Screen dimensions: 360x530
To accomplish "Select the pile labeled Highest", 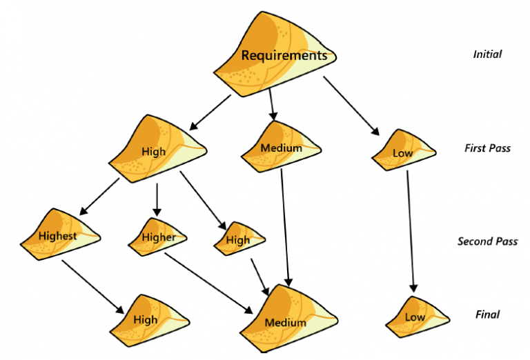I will coord(58,235).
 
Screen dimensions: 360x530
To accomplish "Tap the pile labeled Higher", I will coord(158,237).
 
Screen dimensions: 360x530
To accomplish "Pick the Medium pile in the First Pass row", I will coord(279,147).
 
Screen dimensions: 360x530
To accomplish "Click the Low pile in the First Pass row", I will coord(402,152).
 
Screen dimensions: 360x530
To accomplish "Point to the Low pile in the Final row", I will coord(414,317).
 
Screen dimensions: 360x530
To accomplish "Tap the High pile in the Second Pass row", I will coord(239,239).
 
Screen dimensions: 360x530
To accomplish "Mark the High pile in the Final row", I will coord(146,319).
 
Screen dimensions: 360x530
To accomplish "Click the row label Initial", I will coord(487,54).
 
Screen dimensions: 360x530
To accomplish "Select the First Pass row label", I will coord(487,148).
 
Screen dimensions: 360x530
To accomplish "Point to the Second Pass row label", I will coord(487,241).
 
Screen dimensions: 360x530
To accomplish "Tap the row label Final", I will coord(487,314).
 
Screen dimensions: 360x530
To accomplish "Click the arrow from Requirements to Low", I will coord(351,106).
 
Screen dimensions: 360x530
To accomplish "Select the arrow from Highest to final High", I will coord(92,283).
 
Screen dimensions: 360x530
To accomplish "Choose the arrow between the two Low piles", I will coord(411,230).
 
